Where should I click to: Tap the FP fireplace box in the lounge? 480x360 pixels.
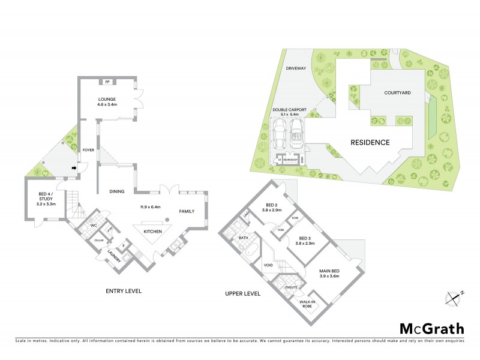pyautogui.click(x=108, y=82)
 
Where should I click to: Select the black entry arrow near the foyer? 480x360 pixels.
pyautogui.click(x=74, y=168)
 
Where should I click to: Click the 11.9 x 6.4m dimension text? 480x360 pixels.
pyautogui.click(x=151, y=206)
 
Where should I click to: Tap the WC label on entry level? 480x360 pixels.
pyautogui.click(x=94, y=226)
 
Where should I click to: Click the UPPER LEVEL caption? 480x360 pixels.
pyautogui.click(x=242, y=294)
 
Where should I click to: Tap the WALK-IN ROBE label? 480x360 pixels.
pyautogui.click(x=307, y=304)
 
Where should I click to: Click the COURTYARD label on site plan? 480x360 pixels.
pyautogui.click(x=397, y=93)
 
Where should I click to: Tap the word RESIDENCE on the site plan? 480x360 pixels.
pyautogui.click(x=370, y=142)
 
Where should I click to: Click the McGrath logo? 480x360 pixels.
pyautogui.click(x=432, y=328)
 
